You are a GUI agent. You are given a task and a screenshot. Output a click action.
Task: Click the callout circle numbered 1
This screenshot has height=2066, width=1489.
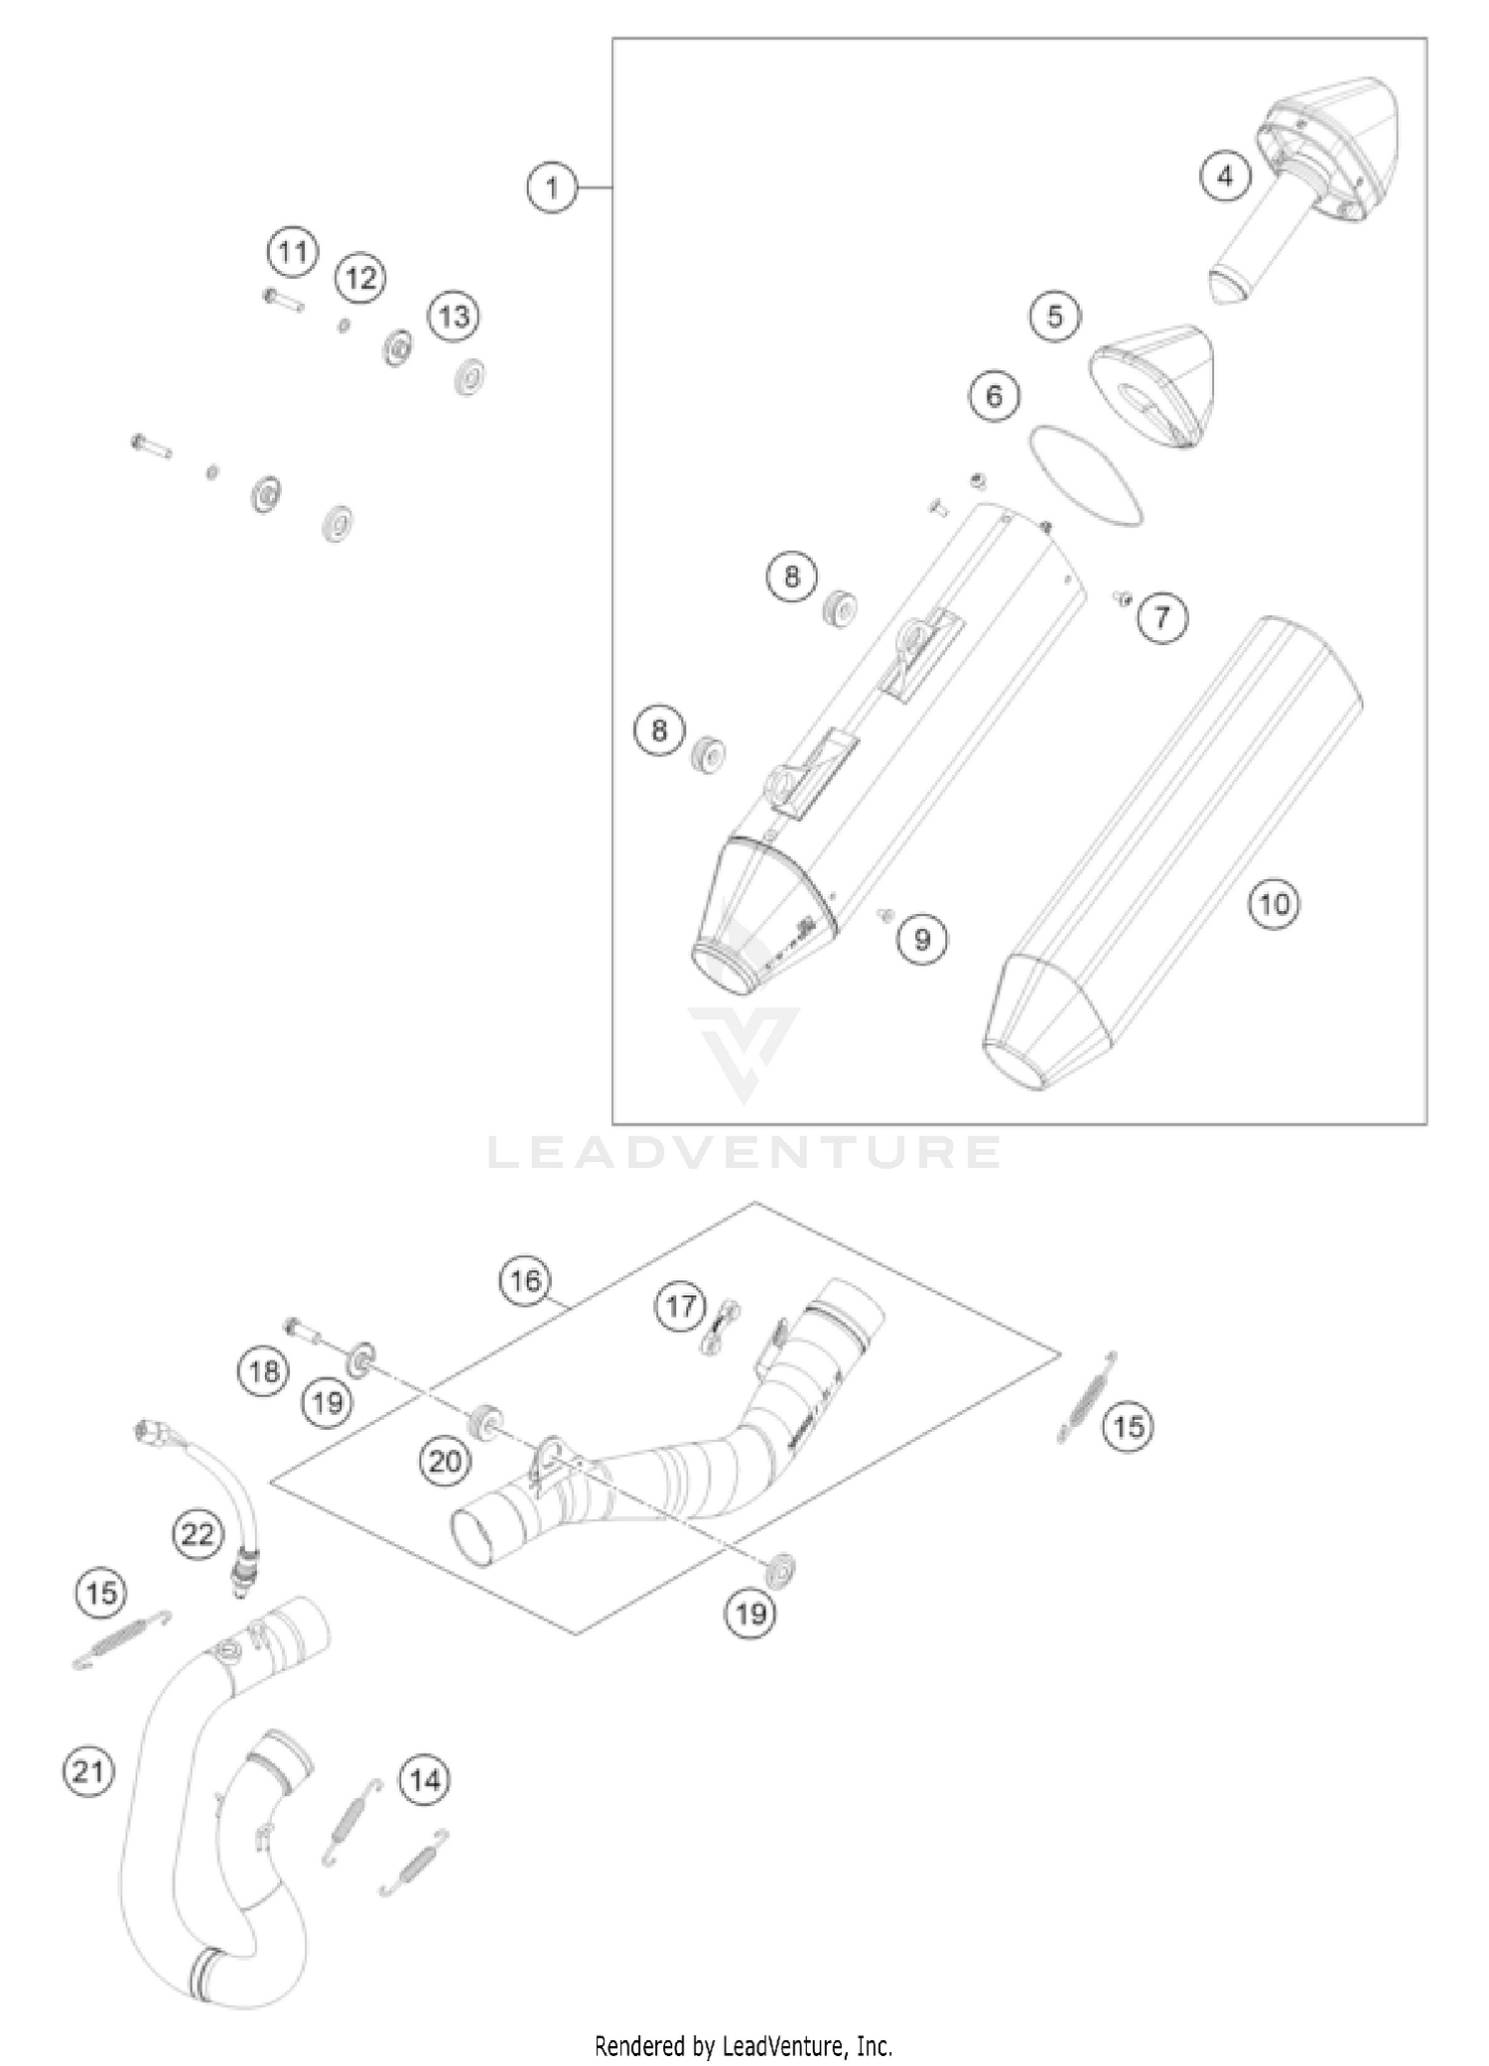coord(552,188)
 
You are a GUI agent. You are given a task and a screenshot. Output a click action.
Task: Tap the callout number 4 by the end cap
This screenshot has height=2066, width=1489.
coord(1225,177)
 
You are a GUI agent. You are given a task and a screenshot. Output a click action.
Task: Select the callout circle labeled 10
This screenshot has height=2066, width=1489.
coord(1274,904)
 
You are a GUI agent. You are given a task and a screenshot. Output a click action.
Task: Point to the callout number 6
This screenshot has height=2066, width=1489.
coord(994,396)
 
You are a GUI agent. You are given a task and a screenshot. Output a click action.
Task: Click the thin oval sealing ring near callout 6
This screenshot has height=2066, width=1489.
coord(1087,475)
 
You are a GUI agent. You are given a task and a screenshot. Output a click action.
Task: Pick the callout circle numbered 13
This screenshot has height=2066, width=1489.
coord(454,317)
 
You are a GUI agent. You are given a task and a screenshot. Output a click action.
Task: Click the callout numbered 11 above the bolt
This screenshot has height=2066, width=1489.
coord(293,252)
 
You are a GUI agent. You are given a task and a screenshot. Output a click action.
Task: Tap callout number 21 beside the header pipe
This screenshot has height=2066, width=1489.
coord(88,1770)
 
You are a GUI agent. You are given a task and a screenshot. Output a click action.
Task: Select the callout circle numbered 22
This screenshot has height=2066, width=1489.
coord(197,1535)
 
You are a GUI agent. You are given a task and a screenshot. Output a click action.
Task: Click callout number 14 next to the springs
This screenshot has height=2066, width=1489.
coord(425,1780)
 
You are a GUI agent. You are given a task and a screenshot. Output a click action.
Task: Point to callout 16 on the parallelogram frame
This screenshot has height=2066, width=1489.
coord(526,1280)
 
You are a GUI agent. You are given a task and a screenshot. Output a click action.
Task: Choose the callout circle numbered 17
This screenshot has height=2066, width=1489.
coord(680,1306)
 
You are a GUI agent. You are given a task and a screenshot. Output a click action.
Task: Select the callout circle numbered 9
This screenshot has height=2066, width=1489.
coord(922,939)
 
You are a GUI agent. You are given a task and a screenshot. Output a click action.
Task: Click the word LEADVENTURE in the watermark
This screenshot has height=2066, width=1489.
coord(744,1153)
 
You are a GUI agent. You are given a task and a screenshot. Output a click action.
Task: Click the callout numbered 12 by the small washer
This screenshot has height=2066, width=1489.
coord(361,278)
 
